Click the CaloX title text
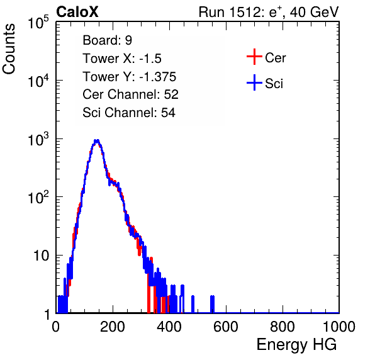click(x=77, y=12)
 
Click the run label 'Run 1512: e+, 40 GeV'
click(x=269, y=12)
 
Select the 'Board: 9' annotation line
click(x=107, y=40)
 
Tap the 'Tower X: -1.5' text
click(x=122, y=59)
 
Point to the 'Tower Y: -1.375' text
click(x=129, y=77)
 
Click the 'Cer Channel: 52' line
click(x=130, y=94)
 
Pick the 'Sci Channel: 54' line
click(x=129, y=113)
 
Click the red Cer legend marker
click(x=254, y=57)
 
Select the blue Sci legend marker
click(x=254, y=83)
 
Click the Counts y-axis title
click(x=9, y=49)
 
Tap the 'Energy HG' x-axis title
click(x=296, y=344)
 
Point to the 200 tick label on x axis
click(x=113, y=327)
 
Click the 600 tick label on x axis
click(x=226, y=327)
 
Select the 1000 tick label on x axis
click(x=339, y=327)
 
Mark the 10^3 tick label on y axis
click(x=38, y=138)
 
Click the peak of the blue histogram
click(x=96, y=141)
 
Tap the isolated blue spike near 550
click(x=212, y=304)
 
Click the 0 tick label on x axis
click(x=56, y=327)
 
